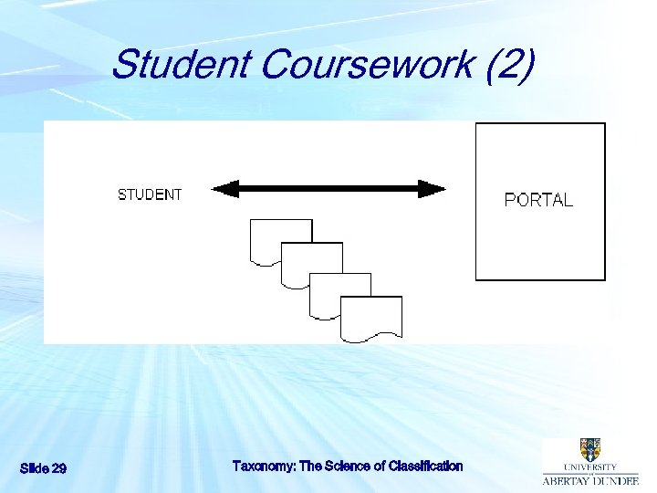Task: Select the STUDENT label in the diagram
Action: [x=150, y=194]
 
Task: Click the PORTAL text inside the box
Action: [x=539, y=200]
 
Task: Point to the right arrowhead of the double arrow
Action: [x=432, y=189]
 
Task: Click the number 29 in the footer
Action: [x=57, y=468]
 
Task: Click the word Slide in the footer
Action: [x=34, y=468]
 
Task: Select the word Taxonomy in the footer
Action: [x=264, y=466]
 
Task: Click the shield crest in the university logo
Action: [x=589, y=449]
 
